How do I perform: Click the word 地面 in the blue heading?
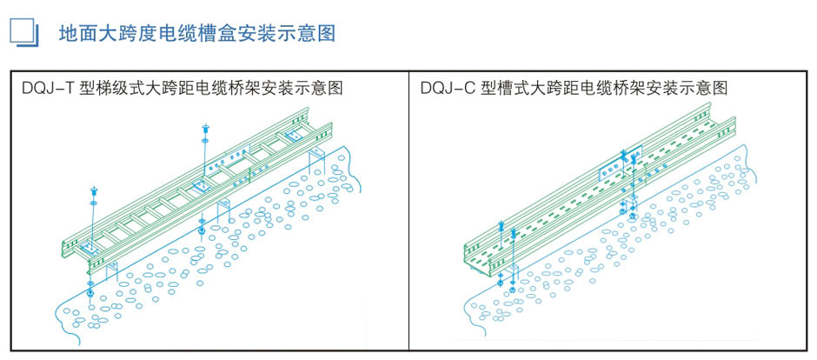pos(72,34)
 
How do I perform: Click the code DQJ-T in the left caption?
pos(50,88)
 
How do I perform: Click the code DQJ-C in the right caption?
pos(450,88)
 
